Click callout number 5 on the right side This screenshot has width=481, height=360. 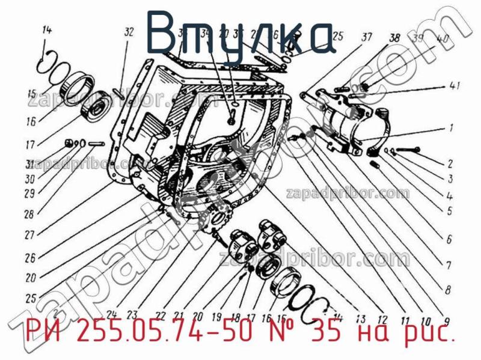click(449, 210)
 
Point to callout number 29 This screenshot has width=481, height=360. click(28, 194)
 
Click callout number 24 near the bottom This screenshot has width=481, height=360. click(111, 313)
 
